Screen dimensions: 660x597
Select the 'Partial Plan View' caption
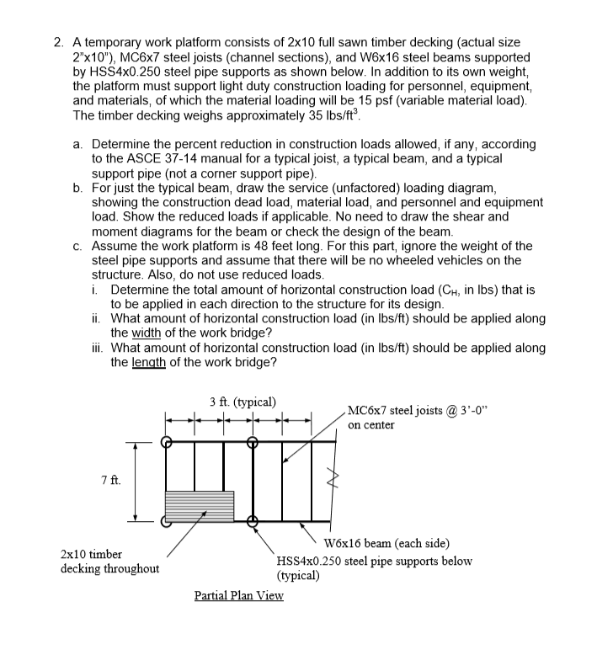tap(238, 595)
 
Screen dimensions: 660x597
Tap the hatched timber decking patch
tap(200, 506)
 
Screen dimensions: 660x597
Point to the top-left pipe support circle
tap(167, 441)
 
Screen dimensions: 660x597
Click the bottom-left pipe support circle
tap(167, 521)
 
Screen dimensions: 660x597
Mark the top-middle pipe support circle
tap(252, 441)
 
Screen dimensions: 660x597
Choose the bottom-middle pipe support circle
tap(252, 521)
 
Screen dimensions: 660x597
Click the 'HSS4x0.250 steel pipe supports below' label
tap(374, 561)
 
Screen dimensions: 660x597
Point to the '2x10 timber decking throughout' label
tap(109, 562)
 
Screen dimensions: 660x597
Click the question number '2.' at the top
tap(56, 41)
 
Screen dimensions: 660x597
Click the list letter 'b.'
tap(78, 188)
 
